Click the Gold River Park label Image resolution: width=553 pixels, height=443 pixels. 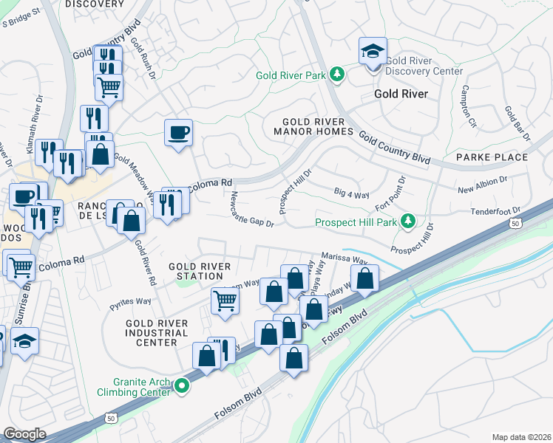click(x=291, y=75)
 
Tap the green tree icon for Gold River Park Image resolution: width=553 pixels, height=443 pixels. click(x=336, y=74)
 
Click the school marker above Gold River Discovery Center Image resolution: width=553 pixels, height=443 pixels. click(x=373, y=52)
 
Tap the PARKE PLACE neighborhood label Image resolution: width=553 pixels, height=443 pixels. click(x=492, y=157)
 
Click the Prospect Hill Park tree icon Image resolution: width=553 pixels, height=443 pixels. click(x=407, y=221)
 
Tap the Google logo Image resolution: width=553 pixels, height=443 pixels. click(x=24, y=433)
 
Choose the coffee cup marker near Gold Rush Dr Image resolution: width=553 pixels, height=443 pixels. click(x=178, y=133)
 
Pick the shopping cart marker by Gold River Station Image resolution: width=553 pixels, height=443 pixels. click(x=225, y=300)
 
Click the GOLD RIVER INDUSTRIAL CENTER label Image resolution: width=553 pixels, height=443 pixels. click(x=157, y=333)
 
